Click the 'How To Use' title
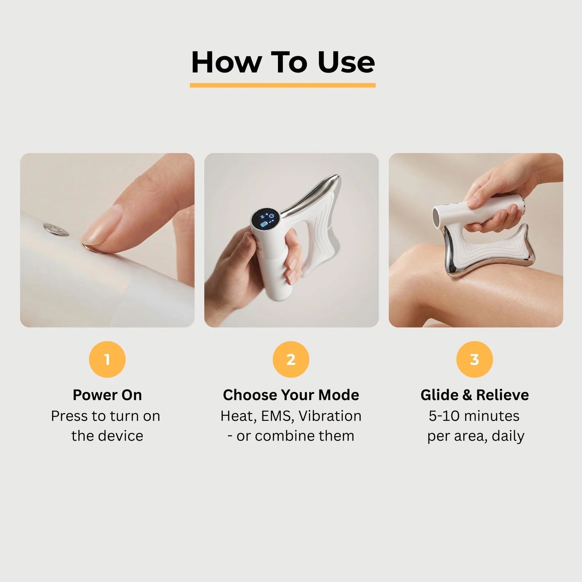(x=283, y=62)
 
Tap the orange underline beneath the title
(x=283, y=85)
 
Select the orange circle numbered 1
(x=107, y=359)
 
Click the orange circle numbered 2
(x=291, y=359)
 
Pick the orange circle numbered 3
(x=474, y=359)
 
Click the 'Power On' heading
(x=107, y=395)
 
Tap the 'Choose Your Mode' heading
(x=291, y=395)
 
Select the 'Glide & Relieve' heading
(x=474, y=395)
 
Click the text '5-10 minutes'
(x=474, y=416)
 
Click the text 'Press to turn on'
(x=106, y=416)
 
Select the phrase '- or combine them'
(x=291, y=436)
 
